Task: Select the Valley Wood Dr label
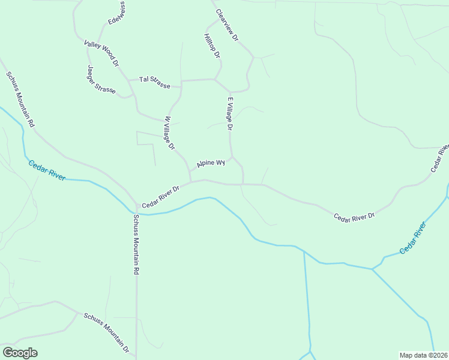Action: point(102,53)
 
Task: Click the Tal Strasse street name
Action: point(154,82)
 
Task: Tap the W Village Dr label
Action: point(169,133)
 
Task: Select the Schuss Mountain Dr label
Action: point(107,332)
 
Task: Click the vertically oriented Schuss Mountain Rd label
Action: point(136,244)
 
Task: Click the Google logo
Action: point(20,353)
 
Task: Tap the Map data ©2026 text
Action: point(423,355)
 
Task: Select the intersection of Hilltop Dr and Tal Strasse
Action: point(214,79)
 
